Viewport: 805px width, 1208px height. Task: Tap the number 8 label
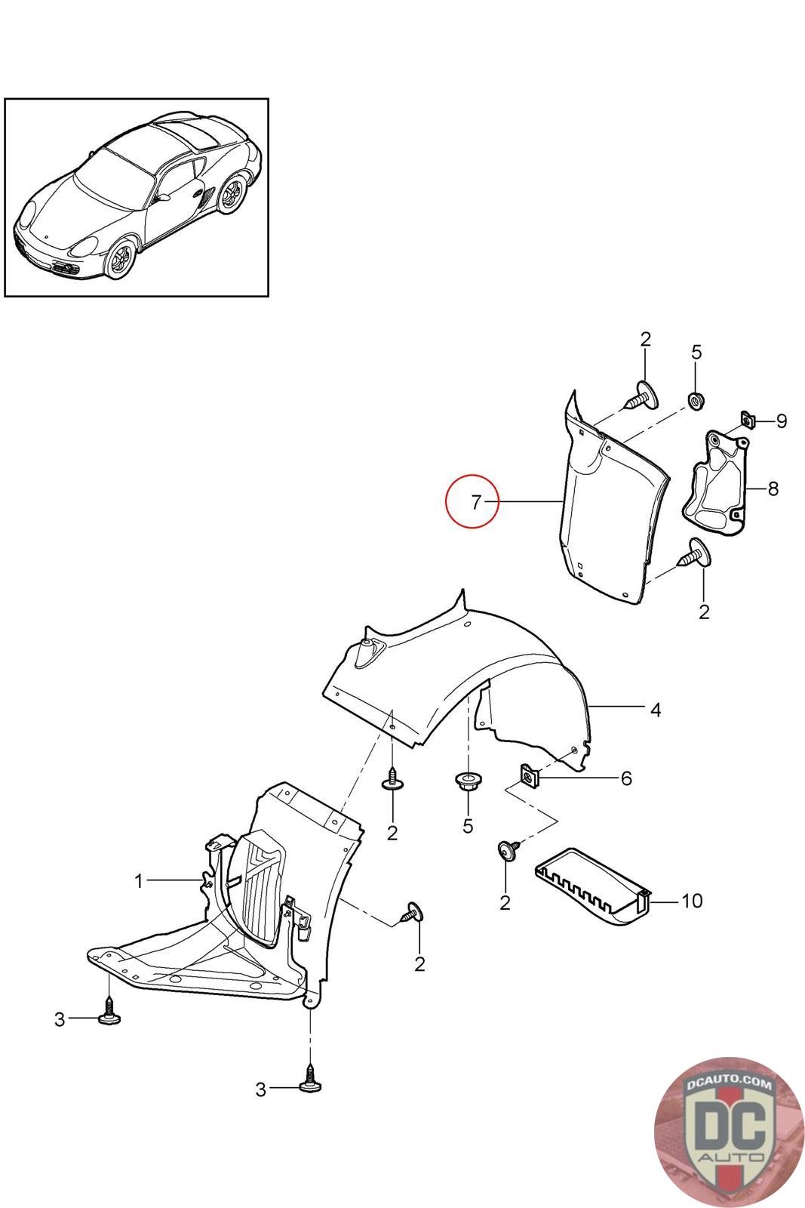pyautogui.click(x=773, y=488)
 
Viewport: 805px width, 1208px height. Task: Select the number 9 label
pyautogui.click(x=781, y=421)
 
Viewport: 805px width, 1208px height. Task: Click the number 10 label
pyautogui.click(x=691, y=900)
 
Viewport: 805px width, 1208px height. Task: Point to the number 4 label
pyautogui.click(x=655, y=710)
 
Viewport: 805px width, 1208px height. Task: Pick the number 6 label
pyautogui.click(x=625, y=778)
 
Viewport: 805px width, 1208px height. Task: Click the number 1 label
pyautogui.click(x=139, y=880)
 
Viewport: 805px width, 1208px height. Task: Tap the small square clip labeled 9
pyautogui.click(x=748, y=419)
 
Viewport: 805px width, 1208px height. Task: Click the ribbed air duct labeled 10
pyautogui.click(x=592, y=884)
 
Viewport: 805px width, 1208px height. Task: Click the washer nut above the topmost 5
pyautogui.click(x=695, y=398)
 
